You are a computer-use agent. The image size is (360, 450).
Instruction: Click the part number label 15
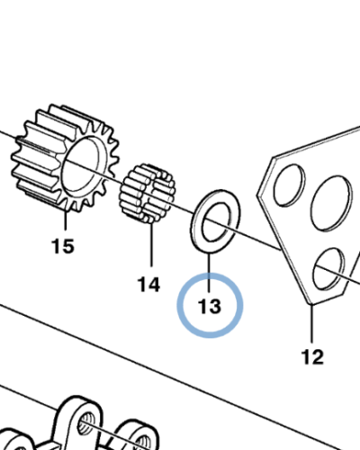(x=63, y=247)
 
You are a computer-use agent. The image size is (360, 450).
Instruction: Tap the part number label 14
(x=148, y=284)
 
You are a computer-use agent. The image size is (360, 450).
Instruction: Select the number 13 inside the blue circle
(x=210, y=306)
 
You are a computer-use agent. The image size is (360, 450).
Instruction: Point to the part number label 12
(x=312, y=357)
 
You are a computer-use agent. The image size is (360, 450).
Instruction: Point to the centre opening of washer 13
(x=216, y=221)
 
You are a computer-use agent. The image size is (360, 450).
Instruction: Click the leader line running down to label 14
(x=151, y=245)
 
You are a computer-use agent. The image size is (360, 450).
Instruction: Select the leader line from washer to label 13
(x=209, y=273)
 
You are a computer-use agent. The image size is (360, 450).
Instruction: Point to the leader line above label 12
(x=312, y=323)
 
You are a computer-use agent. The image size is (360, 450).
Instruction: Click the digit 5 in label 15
(x=68, y=247)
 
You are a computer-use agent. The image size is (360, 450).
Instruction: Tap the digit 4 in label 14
(x=154, y=284)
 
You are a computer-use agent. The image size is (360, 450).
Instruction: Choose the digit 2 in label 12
(x=319, y=357)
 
